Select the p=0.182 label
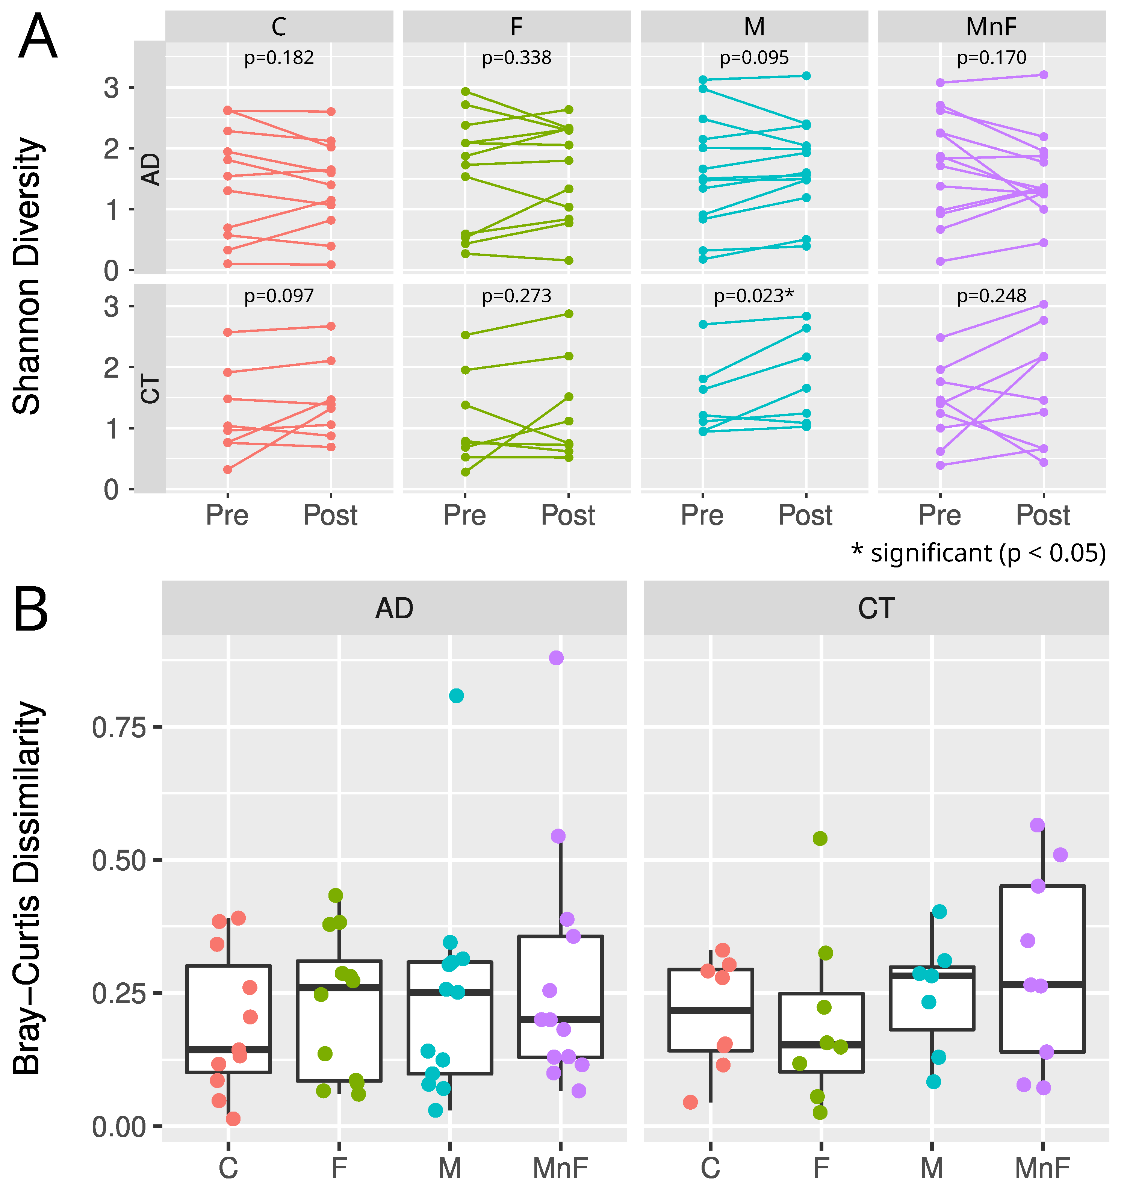tap(279, 57)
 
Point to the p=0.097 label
tap(279, 296)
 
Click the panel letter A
tap(38, 37)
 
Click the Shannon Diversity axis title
tap(27, 276)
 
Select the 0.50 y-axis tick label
tap(119, 861)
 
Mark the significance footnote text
tap(978, 553)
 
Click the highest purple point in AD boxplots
tap(556, 658)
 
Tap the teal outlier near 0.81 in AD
tap(456, 696)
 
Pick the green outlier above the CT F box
tap(820, 838)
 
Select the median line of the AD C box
tap(228, 1049)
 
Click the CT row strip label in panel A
tap(150, 389)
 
